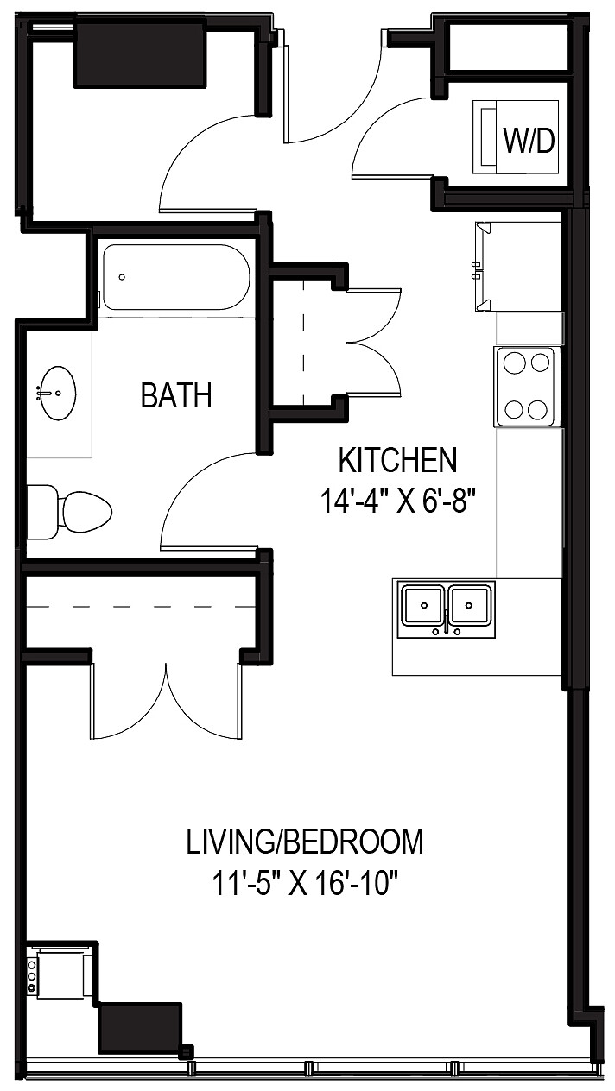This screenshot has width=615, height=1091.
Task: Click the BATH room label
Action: point(176,395)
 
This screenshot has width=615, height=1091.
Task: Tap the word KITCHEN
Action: point(398,460)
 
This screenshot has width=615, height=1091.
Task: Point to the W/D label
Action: point(529,141)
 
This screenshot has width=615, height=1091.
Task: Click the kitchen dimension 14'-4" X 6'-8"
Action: point(397,501)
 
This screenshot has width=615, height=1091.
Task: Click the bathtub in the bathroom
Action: point(176,277)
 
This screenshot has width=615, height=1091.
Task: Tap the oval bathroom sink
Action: point(58,393)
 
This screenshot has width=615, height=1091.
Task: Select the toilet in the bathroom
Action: point(68,512)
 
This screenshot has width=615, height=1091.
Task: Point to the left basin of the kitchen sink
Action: point(422,605)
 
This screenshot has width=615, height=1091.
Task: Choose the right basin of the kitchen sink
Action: point(468,605)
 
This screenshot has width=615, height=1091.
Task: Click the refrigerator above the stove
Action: point(518,267)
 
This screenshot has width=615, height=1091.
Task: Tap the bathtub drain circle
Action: point(122,277)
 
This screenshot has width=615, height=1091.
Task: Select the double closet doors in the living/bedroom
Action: point(166,702)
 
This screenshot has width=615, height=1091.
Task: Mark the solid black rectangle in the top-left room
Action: point(140,54)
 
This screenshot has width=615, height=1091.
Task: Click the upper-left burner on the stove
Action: point(514,363)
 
